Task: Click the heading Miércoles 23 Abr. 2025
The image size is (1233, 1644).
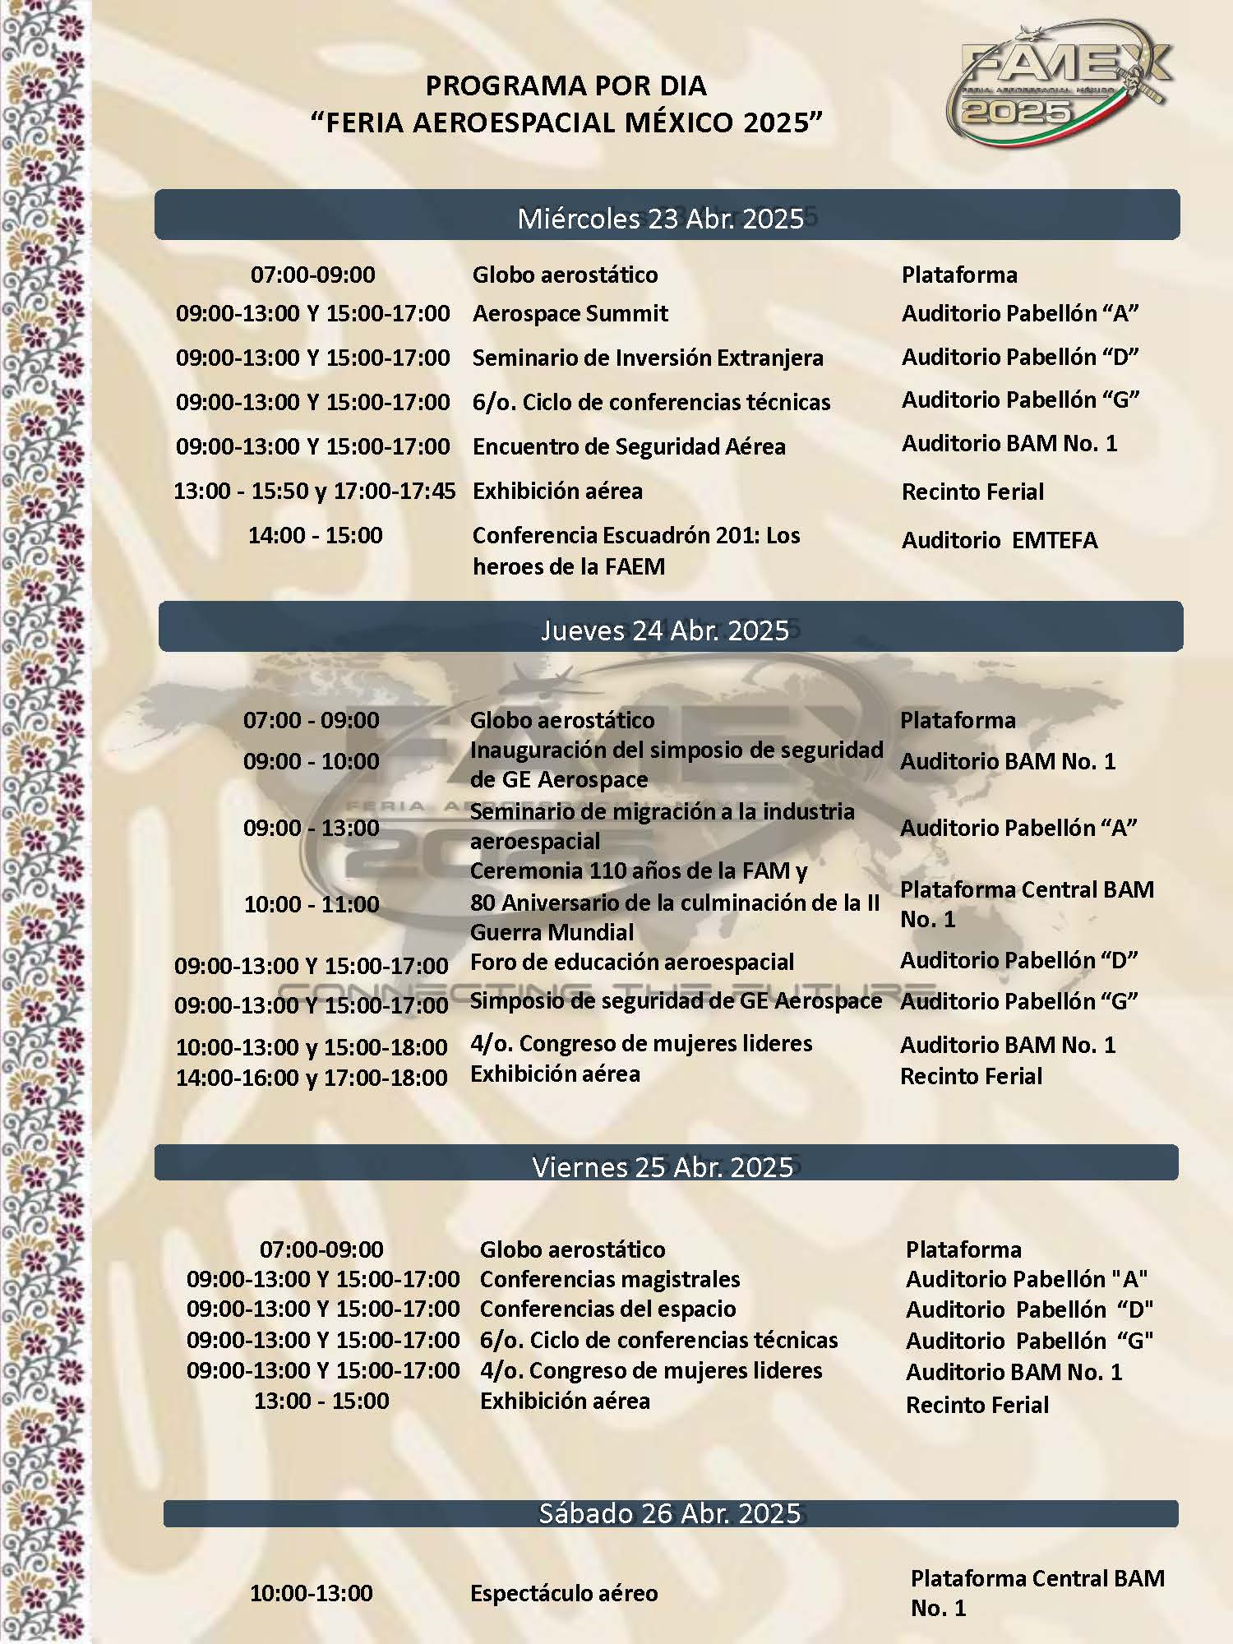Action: coord(661,218)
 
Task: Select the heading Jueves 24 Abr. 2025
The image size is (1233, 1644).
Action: coord(665,630)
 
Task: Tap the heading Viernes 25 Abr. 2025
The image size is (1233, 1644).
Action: coord(663,1166)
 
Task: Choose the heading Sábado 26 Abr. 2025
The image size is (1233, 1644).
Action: coord(669,1513)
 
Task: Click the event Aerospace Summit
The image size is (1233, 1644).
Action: coord(570,313)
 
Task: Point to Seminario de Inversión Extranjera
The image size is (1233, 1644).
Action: coord(647,358)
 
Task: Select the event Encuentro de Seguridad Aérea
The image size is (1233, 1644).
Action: coord(629,446)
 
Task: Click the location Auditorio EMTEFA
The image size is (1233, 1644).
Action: coord(999,540)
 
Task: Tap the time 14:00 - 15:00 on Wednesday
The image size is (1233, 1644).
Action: coord(316,535)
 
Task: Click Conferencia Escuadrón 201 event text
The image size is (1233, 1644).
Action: coord(635,550)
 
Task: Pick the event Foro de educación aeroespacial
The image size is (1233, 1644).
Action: coord(631,962)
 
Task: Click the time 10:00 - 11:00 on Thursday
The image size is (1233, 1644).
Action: coord(312,904)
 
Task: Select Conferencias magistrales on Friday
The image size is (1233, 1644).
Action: coord(609,1279)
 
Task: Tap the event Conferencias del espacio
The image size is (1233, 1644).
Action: coord(607,1309)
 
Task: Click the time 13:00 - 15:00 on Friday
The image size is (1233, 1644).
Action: coord(321,1401)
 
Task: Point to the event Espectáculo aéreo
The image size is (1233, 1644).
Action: coord(564,1593)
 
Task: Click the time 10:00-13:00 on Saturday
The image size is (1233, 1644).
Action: coord(312,1593)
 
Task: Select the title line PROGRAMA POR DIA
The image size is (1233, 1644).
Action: coord(566,85)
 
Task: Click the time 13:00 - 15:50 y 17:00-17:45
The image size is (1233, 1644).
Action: coord(314,491)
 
